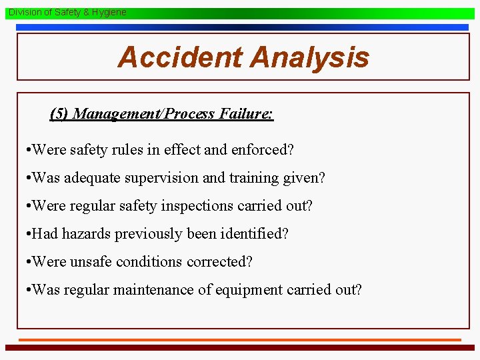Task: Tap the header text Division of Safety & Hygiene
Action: click(67, 12)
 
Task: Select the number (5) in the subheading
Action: click(59, 113)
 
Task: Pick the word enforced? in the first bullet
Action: click(263, 150)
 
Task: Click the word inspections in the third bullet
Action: click(187, 206)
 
